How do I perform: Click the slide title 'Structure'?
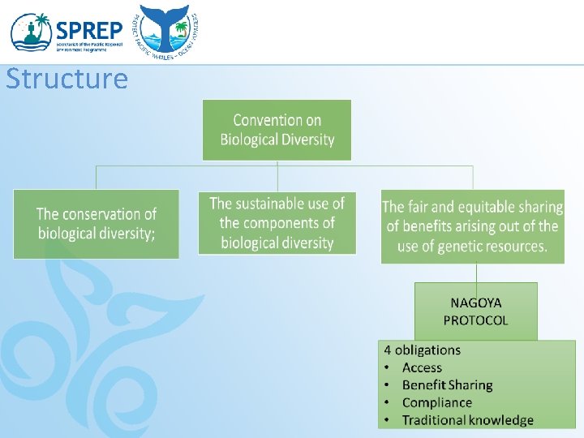click(x=67, y=79)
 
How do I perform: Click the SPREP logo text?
click(x=89, y=31)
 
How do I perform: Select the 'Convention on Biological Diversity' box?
click(x=277, y=130)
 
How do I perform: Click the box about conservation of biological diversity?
click(x=96, y=224)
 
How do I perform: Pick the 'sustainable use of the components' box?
click(x=277, y=223)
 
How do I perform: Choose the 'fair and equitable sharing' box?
click(x=472, y=227)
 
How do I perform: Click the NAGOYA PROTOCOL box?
click(x=475, y=311)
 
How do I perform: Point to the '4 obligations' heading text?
click(x=422, y=350)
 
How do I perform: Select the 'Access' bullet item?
click(x=422, y=368)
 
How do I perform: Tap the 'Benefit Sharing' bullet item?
click(x=447, y=385)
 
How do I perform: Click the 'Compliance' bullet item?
click(x=436, y=402)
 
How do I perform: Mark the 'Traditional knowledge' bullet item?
click(x=467, y=420)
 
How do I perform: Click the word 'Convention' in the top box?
click(x=265, y=120)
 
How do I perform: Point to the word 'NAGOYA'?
click(x=475, y=303)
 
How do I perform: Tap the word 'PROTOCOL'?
click(x=475, y=320)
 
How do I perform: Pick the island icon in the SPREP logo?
click(x=31, y=32)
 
